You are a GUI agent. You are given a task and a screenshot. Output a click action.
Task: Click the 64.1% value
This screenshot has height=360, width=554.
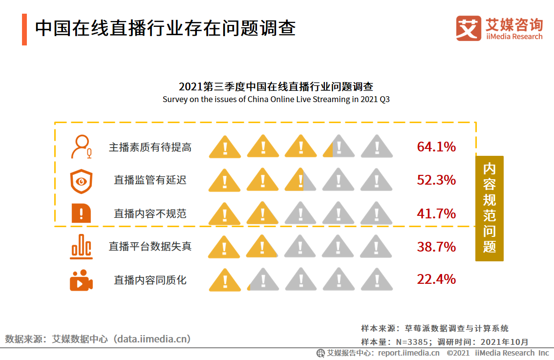tap(436, 147)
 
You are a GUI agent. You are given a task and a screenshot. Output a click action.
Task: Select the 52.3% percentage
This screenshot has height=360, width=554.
tap(436, 180)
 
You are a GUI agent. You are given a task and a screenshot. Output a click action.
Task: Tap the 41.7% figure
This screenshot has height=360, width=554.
tap(436, 214)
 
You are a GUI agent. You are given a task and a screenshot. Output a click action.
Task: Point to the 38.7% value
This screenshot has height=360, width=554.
tap(436, 247)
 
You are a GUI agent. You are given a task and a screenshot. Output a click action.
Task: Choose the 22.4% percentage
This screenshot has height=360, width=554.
tap(436, 279)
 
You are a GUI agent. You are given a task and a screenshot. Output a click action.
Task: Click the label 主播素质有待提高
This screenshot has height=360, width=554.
tap(150, 147)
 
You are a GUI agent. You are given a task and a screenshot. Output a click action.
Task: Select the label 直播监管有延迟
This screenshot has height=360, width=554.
tap(150, 180)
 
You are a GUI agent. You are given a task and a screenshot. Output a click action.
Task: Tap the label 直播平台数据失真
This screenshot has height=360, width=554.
tap(150, 247)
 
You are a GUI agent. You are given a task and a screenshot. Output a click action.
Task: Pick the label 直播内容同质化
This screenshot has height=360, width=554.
tap(150, 280)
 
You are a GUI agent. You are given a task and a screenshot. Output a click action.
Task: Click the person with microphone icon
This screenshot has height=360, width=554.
tap(81, 147)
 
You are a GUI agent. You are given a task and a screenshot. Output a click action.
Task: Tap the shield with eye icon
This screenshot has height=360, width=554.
tap(81, 181)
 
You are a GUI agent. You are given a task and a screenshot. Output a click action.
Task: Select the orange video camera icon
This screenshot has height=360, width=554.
tap(81, 280)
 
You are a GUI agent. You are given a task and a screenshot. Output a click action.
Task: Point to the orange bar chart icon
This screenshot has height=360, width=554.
tap(81, 247)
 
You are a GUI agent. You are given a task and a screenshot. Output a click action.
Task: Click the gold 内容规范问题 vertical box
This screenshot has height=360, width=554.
tap(489, 209)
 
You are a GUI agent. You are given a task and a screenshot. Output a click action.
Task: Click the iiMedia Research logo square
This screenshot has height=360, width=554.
tap(469, 29)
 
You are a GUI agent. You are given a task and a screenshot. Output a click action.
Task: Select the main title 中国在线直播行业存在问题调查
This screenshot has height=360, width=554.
tap(165, 28)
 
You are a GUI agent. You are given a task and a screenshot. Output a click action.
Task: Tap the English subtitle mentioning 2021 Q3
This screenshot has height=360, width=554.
tap(276, 99)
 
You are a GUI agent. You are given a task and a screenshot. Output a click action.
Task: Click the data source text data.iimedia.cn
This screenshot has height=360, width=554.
tap(98, 339)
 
